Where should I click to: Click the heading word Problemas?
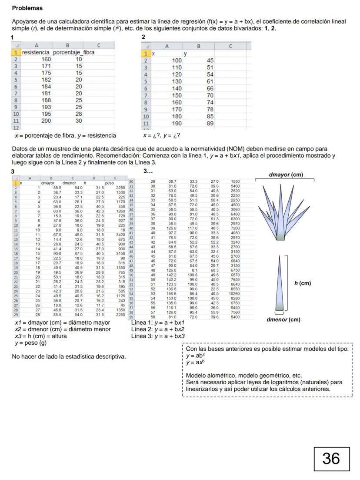click(27, 8)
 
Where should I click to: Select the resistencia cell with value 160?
click(46, 59)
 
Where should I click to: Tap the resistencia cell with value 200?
click(46, 121)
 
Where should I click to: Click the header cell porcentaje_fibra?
click(73, 52)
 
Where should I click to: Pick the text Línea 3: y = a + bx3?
click(158, 336)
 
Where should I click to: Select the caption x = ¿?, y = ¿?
click(161, 135)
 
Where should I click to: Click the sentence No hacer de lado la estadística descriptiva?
click(69, 357)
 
